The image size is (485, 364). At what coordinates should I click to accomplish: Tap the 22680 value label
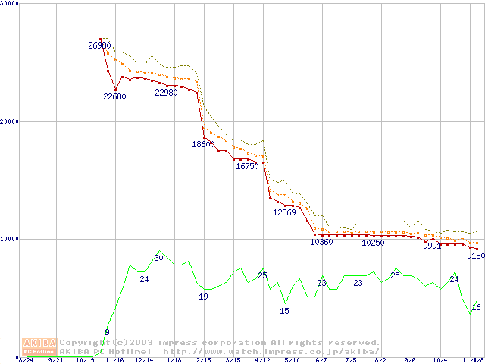point(115,96)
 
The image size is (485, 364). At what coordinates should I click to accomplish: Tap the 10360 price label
point(322,242)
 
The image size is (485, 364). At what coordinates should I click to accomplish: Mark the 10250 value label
point(373,243)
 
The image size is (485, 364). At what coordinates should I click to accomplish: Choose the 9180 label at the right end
point(475,256)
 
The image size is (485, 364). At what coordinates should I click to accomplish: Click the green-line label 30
point(158,258)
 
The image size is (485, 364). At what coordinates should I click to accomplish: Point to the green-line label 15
point(284,311)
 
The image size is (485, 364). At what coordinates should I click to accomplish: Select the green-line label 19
point(203,297)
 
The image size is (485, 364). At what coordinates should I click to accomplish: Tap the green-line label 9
point(107,332)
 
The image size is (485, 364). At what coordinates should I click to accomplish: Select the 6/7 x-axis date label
point(321,360)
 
